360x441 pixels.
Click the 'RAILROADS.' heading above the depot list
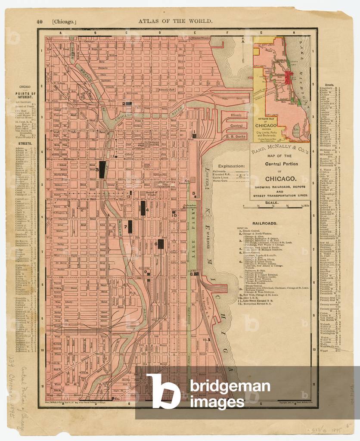[x=265, y=224]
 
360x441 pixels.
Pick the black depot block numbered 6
[x=161, y=244]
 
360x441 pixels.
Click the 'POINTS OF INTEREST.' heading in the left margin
[x=26, y=95]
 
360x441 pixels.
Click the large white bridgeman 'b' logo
[x=163, y=391]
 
